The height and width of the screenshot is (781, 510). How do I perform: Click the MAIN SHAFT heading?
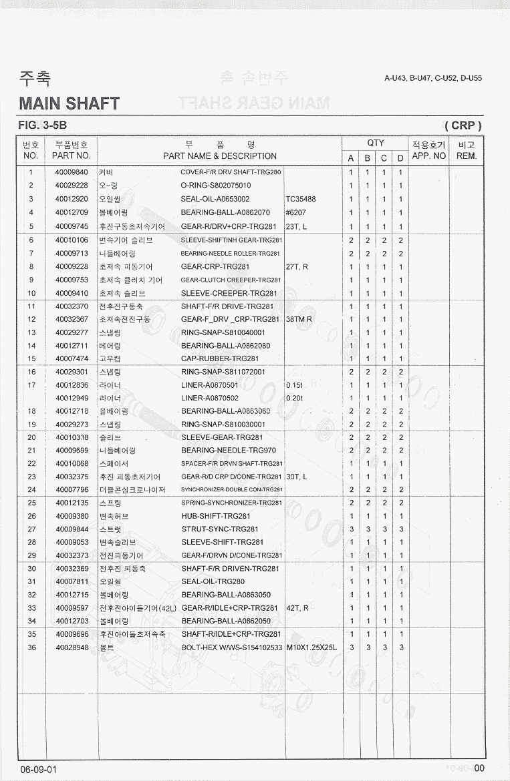pos(70,103)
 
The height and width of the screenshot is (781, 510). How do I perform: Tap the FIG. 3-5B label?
pos(43,125)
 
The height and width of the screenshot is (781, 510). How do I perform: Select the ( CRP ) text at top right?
pos(463,125)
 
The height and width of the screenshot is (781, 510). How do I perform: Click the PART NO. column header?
pos(72,156)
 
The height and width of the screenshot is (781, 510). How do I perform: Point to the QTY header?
pos(376,143)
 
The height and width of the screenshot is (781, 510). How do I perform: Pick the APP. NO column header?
pos(428,156)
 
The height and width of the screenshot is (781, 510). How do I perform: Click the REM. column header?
pos(467,156)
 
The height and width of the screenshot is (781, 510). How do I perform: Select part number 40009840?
pos(72,172)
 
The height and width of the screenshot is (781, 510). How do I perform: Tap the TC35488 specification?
pos(301,199)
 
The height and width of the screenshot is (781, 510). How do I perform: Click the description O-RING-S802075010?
pos(216,186)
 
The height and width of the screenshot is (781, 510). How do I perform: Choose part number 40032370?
pos(72,306)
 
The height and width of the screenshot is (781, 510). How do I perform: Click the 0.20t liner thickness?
pos(294,399)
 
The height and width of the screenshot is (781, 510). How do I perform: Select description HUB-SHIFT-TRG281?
pos(216,516)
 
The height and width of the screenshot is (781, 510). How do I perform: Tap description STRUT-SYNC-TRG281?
pos(220,529)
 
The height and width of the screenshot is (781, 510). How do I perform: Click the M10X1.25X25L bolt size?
pos(311,647)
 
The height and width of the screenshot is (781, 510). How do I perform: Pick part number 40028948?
pos(72,647)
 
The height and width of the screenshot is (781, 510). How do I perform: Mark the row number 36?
pos(31,647)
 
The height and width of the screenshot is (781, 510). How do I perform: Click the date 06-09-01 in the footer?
pos(39,769)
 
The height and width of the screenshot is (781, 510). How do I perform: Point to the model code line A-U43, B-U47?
pos(433,78)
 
